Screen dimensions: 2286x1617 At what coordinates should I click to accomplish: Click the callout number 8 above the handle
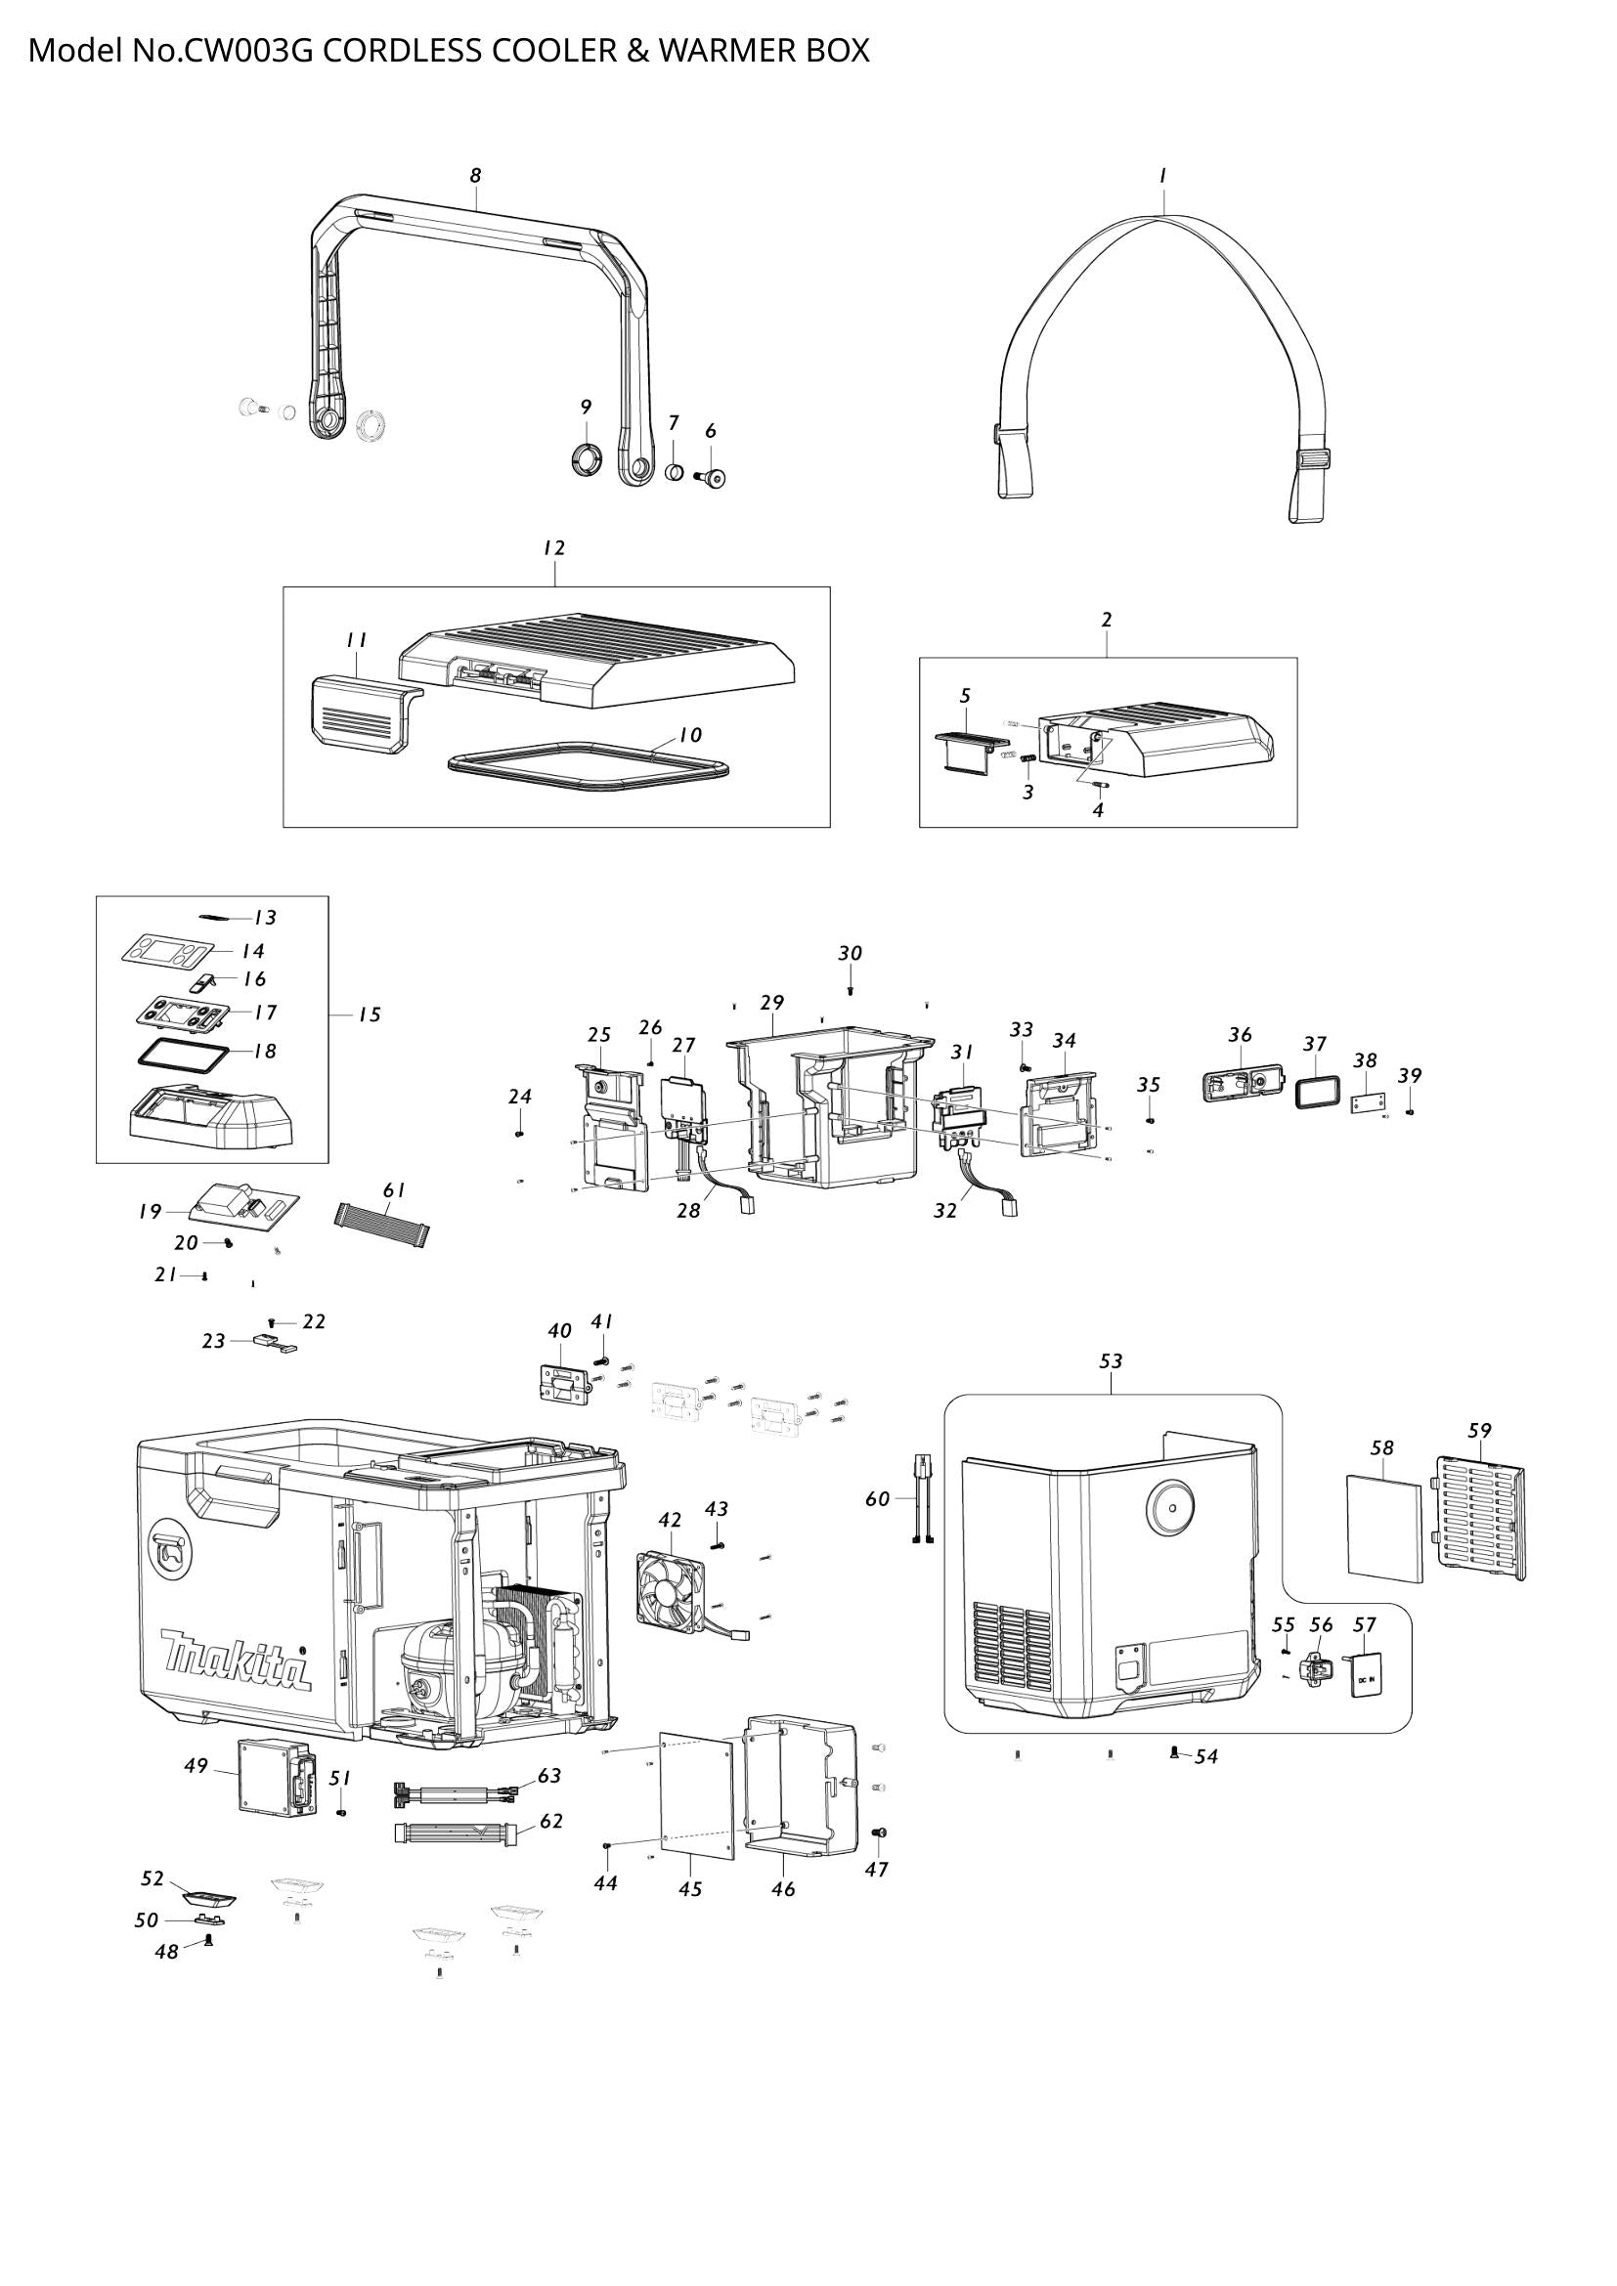click(x=476, y=176)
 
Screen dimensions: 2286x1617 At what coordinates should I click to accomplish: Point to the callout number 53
click(x=1111, y=1361)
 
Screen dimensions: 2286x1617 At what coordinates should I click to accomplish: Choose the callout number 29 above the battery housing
click(x=771, y=1003)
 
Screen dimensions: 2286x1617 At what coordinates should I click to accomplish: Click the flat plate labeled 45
click(x=697, y=1795)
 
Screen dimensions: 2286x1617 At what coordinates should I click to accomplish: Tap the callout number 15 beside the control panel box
click(x=370, y=1015)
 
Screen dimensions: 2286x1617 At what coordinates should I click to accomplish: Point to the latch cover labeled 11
click(x=357, y=709)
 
